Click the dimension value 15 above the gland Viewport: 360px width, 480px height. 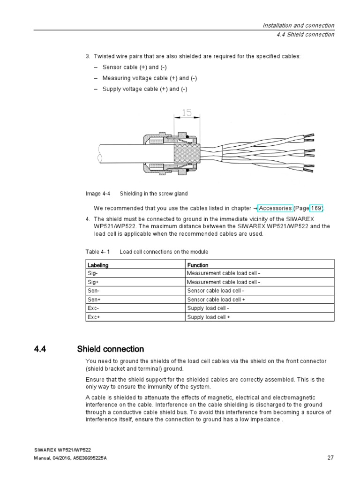[187, 113]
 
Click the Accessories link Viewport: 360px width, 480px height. [275, 208]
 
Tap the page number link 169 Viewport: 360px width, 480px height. [315, 208]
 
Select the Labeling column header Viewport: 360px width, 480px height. [98, 265]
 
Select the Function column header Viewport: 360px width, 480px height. [198, 265]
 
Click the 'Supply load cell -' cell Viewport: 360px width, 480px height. [208, 308]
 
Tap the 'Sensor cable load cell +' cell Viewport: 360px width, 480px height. [216, 300]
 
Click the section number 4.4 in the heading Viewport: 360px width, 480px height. [42, 349]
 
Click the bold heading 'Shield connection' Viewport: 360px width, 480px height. [110, 349]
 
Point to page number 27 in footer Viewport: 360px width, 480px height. [330, 457]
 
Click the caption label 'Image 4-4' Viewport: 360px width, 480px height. [97, 194]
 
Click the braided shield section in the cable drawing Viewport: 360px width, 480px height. [187, 153]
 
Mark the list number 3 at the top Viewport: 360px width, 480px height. [88, 56]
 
